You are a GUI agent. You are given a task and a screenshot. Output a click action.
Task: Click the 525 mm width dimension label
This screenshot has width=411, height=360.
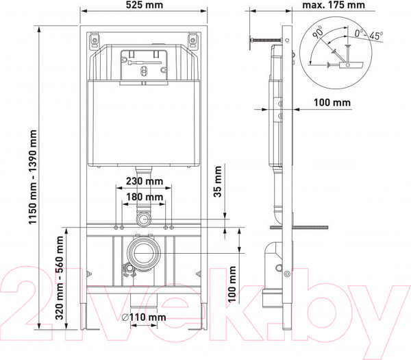coord(144,5)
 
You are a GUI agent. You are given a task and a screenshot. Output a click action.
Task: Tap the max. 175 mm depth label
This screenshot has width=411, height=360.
coord(334,5)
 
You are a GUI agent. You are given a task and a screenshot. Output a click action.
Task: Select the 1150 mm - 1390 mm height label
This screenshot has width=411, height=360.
coord(33,177)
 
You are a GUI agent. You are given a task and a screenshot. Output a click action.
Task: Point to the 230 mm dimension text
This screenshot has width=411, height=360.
coord(145,181)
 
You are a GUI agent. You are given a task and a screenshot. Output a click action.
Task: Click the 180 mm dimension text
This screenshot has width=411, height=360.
coord(145,197)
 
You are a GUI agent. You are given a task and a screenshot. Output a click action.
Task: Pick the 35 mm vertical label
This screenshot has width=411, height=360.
coord(218,182)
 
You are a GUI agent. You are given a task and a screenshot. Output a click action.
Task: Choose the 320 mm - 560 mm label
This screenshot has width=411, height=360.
coord(60,278)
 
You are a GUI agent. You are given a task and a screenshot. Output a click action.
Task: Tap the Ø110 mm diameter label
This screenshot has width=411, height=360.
coord(144,317)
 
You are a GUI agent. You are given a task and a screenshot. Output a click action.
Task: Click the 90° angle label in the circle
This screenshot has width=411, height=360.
coord(318,32)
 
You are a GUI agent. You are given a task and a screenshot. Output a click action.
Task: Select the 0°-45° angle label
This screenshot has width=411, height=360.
coord(369,34)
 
